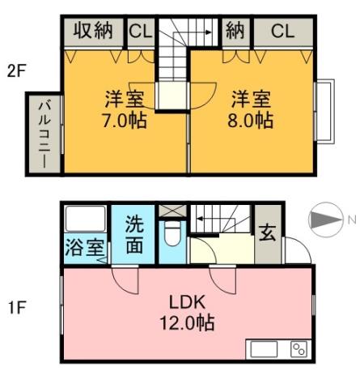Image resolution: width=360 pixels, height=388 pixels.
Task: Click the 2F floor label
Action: click(17, 70)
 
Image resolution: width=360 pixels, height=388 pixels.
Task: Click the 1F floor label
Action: click(17, 307)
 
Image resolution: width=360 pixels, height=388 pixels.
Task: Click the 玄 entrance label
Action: click(267, 232)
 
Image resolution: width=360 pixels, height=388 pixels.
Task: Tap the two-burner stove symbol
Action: click(299, 349)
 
